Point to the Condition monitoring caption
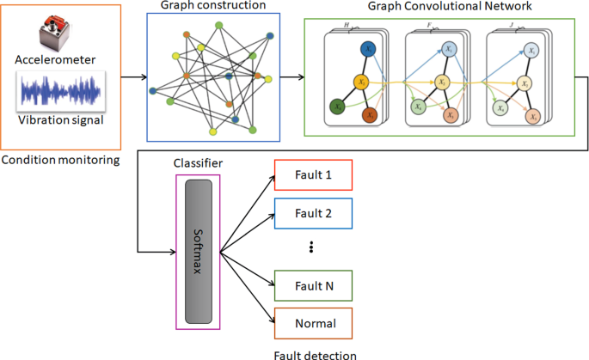click(x=59, y=160)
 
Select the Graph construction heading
click(x=213, y=6)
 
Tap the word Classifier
click(x=197, y=162)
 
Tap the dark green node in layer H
click(x=338, y=107)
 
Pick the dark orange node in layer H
click(x=371, y=113)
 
